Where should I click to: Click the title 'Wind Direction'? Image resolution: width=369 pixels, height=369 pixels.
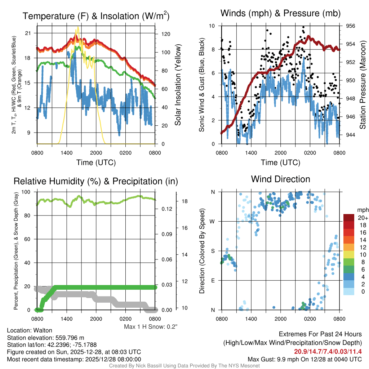pyautogui.click(x=280, y=179)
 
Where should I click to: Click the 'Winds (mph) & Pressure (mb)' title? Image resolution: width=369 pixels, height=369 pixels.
pyautogui.click(x=280, y=14)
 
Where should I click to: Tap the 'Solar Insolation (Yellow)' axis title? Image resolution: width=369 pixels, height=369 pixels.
pyautogui.click(x=178, y=85)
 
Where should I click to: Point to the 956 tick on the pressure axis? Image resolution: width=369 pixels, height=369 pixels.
pyautogui.click(x=350, y=26)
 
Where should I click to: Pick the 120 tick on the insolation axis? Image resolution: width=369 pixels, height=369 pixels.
pyautogui.click(x=165, y=34)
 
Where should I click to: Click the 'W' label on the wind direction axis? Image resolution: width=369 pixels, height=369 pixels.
pyautogui.click(x=213, y=221)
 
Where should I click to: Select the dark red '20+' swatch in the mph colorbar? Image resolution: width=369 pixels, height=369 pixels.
pyautogui.click(x=349, y=218)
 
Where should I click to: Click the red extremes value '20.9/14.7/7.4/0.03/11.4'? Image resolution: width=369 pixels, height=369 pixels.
pyautogui.click(x=328, y=352)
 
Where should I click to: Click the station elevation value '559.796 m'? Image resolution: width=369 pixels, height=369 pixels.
pyautogui.click(x=70, y=338)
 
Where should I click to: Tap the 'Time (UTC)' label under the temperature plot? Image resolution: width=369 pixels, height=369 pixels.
pyautogui.click(x=96, y=163)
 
